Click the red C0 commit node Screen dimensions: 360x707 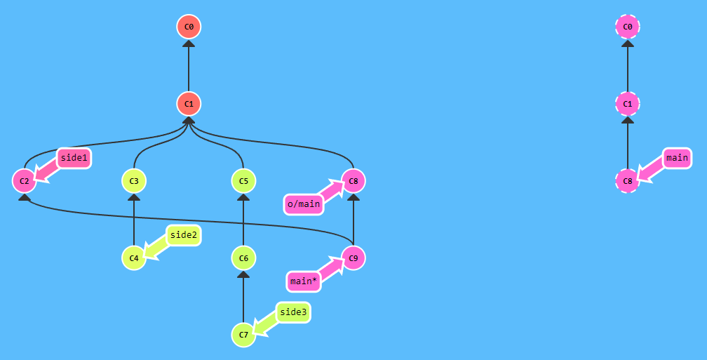pos(189,27)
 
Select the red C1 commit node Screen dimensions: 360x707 pos(189,104)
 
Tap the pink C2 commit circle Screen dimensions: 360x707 pos(25,181)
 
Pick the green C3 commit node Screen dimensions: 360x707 pos(134,181)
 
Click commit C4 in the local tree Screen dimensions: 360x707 pos(134,258)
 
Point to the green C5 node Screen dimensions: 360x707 pos(243,181)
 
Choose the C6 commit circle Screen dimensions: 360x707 pos(243,258)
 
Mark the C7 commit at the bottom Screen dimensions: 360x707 pos(243,335)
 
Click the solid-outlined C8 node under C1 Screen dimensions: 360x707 pos(353,181)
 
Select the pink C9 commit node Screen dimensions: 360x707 pos(353,258)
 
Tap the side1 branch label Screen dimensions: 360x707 pos(74,159)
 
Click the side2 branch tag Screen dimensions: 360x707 pos(184,236)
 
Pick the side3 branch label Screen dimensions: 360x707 pos(293,312)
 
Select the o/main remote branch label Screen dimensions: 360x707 pos(304,204)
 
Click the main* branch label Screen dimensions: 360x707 pos(304,281)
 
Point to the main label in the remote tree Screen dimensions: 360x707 pos(677,158)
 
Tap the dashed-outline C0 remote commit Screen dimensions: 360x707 pos(628,27)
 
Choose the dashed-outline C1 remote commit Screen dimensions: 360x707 pos(628,104)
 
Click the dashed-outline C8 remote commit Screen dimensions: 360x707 pos(628,181)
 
